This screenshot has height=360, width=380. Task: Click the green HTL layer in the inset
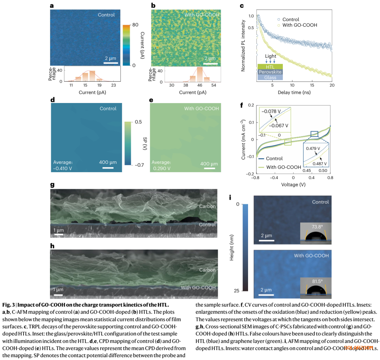(270, 66)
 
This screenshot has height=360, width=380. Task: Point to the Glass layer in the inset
(270, 77)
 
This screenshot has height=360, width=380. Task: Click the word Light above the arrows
(271, 56)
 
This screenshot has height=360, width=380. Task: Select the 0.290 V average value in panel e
(161, 168)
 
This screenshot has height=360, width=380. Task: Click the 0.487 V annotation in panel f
(319, 164)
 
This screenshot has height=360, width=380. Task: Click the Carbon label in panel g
(207, 206)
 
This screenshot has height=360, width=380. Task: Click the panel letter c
(241, 6)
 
